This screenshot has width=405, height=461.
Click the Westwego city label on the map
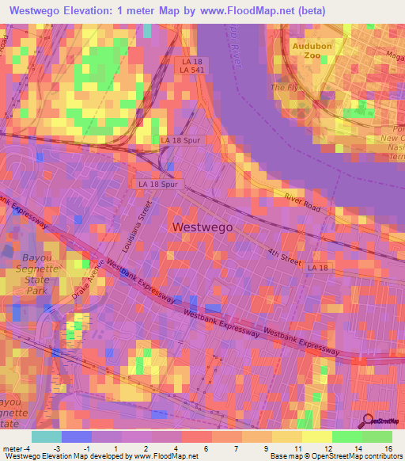pos(202,227)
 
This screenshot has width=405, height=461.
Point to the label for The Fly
pos(282,87)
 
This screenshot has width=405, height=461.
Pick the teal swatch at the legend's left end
pos(47,436)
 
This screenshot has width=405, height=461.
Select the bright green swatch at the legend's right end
pos(377,436)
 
